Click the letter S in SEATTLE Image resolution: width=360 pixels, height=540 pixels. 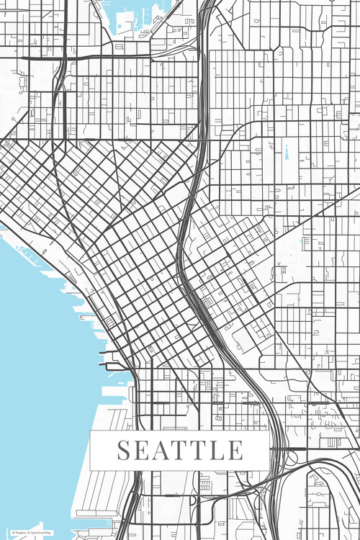125,450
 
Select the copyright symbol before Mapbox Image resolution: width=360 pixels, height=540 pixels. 12,533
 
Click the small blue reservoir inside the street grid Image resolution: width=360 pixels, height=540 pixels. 286,153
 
